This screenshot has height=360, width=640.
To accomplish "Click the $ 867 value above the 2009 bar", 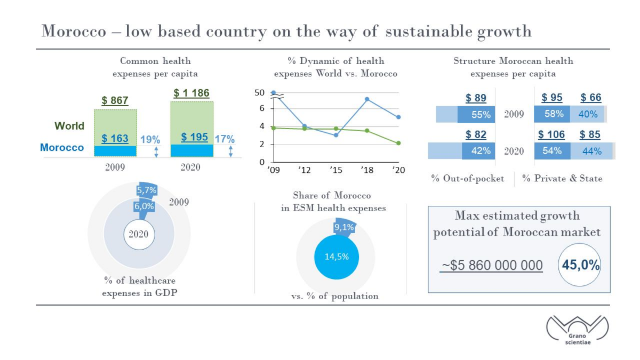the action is pos(115,101).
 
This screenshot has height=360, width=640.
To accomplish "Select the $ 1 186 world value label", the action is pos(191,93).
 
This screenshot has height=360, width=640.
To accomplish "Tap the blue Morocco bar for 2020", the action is pos(192,150).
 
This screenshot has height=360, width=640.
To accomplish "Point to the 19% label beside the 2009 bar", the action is pos(150,140).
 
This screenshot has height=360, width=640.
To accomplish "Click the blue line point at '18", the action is pos(367,99).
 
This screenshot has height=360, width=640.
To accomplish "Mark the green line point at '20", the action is pos(398,143).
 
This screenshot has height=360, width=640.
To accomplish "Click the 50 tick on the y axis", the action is pos(259,93).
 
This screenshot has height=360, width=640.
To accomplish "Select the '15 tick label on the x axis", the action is pos(335,170).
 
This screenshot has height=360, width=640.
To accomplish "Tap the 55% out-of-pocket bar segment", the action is pos(476,115).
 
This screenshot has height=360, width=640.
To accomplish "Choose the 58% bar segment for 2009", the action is pos(552,114).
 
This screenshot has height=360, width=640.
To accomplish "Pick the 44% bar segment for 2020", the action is pos(591,151).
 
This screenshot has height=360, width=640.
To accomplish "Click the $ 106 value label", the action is pos(551,134).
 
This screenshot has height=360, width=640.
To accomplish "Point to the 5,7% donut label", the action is pos(147,190).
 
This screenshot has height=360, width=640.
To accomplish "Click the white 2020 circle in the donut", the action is pos(139,235).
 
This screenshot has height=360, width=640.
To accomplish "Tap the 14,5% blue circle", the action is pos(337,257).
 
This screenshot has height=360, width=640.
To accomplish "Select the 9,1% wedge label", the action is pos(345,227).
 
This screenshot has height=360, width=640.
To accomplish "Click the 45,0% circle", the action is pos(580,265).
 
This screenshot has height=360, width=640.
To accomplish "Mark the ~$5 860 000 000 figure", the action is pos(491,266).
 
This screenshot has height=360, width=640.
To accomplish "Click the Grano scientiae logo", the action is pos(578,330).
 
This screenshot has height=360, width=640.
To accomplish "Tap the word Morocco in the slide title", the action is pos(74,31).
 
